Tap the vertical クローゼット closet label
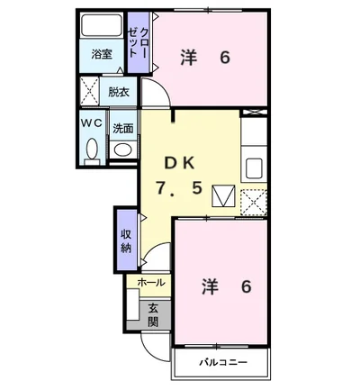click(138, 43)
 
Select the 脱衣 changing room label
click(118, 91)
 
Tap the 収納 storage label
click(126, 240)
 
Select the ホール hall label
click(151, 282)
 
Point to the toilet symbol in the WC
click(92, 148)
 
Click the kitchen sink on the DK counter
click(254, 168)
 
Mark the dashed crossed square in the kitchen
click(254, 201)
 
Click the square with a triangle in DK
click(220, 195)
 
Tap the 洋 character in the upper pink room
click(188, 58)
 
